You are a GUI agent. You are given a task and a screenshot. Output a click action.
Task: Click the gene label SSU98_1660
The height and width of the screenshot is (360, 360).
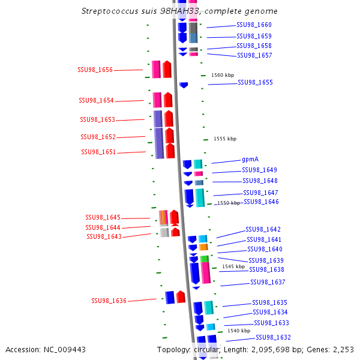254,25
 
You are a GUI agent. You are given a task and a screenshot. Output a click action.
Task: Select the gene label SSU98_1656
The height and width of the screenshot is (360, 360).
95,70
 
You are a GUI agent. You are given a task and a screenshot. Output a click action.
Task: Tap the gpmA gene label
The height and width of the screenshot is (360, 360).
250,160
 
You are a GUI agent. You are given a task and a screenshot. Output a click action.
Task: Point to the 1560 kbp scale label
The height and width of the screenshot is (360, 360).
223,75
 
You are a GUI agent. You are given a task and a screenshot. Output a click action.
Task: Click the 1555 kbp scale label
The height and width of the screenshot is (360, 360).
224,139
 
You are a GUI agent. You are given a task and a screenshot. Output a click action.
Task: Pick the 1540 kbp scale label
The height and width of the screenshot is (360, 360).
238,331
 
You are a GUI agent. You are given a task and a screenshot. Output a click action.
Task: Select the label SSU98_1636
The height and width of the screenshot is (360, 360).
109,301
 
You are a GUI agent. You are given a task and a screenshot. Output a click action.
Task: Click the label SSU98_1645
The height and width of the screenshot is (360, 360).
103,217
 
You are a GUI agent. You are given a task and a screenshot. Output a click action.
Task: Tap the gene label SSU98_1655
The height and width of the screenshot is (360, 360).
255,82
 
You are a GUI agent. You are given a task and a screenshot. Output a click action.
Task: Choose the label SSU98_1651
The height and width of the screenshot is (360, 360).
98,152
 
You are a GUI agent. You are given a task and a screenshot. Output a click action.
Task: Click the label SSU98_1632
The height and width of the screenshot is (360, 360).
273,337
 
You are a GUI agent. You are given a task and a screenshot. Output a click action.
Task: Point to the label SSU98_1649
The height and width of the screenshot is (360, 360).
259,170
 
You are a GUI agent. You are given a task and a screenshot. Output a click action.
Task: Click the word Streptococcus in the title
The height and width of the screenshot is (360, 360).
110,11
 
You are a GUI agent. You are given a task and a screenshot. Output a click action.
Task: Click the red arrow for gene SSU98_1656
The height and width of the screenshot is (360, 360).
167,69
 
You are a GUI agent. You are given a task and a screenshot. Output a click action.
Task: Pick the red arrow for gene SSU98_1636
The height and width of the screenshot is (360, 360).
181,297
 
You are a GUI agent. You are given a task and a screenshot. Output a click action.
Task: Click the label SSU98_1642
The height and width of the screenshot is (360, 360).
263,229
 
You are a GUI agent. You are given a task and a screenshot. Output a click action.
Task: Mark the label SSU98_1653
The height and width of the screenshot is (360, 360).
98,119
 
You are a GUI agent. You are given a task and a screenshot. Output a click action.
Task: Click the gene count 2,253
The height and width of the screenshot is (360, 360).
341,349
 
